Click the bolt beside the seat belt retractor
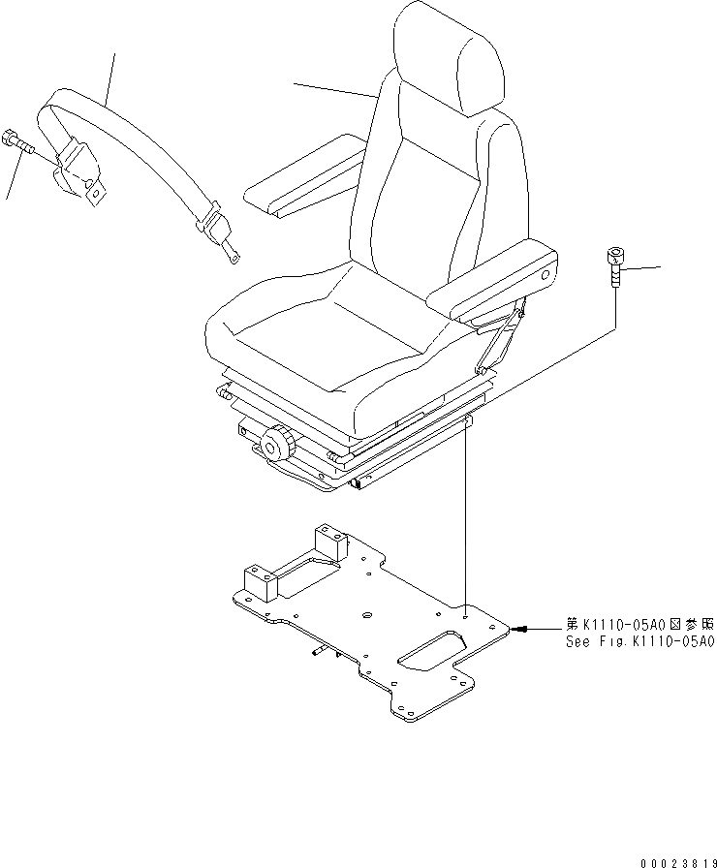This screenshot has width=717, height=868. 17,142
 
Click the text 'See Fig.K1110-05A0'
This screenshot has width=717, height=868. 640,642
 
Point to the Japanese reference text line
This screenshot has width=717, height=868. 640,625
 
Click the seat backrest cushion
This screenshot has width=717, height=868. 426,184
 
